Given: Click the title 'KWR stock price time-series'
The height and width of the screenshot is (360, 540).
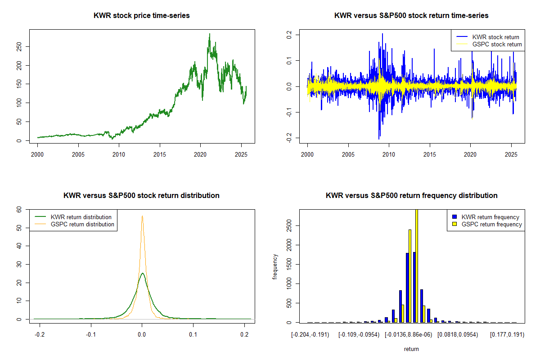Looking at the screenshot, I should coord(142,16).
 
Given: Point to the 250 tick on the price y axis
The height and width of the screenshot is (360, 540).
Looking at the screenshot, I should coord(19,46).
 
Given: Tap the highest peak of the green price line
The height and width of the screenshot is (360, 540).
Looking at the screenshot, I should coord(209,34).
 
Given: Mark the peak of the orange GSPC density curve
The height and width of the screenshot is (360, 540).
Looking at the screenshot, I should coord(142,216).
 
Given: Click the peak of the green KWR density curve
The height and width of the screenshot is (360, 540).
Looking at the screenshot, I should coord(142,273).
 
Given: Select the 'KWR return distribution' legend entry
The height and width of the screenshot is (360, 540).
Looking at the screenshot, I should coord(81,217).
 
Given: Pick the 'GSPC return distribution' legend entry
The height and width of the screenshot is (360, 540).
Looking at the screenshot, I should coord(83,224).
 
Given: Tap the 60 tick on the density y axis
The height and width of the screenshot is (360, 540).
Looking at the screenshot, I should coord(19,209).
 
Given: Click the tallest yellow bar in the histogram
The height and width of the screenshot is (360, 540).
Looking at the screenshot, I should coord(417,265).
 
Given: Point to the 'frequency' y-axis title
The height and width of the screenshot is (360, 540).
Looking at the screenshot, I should coord(275,266).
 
